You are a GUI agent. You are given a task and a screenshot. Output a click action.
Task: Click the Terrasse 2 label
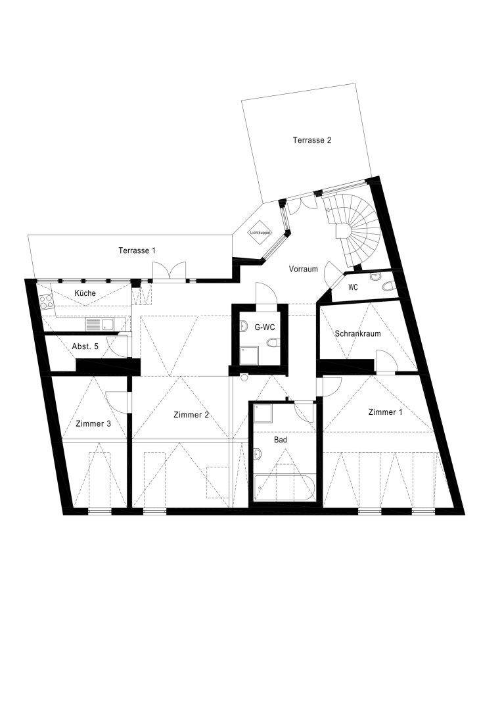click(x=312, y=140)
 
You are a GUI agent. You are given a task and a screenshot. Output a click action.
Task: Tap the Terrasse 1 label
click(x=137, y=250)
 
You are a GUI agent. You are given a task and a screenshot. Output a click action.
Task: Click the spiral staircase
click(x=356, y=230)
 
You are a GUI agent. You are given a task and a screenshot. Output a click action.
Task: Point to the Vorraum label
click(x=304, y=269)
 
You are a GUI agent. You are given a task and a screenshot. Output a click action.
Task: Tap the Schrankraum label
click(x=357, y=334)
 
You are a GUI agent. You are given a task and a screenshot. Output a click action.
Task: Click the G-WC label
click(x=265, y=327)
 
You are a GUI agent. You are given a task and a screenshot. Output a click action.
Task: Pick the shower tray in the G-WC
click(x=249, y=355)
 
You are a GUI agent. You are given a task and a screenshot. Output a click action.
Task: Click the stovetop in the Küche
click(x=46, y=302)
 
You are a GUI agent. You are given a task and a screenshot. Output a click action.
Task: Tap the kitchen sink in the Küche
click(x=100, y=324)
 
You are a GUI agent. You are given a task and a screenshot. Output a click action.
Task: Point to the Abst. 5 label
click(x=85, y=346)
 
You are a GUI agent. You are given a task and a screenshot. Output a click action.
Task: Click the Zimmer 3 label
click(x=93, y=424)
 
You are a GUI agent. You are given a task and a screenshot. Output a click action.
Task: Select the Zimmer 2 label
click(x=191, y=415)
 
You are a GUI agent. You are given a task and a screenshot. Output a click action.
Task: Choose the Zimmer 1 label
click(x=385, y=412)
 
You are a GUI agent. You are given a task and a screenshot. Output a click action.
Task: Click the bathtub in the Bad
click(x=285, y=487)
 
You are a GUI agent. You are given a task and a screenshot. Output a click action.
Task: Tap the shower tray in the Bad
click(x=263, y=413)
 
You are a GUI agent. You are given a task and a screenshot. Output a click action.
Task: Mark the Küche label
click(x=85, y=293)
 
